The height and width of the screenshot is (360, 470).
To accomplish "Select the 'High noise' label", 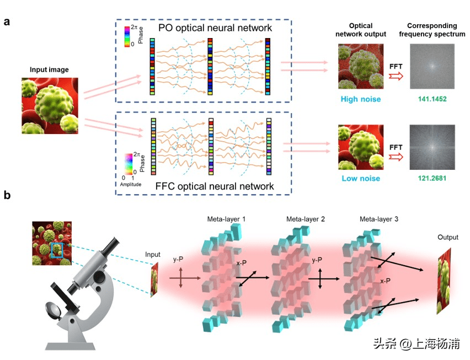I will (360, 100).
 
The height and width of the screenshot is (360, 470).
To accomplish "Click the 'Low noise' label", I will (360, 179).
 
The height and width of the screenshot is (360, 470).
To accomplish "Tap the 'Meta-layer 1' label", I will (223, 219).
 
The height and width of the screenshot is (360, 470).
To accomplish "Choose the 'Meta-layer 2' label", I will (306, 219).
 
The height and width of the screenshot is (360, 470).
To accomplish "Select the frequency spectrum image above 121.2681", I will (432, 147).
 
